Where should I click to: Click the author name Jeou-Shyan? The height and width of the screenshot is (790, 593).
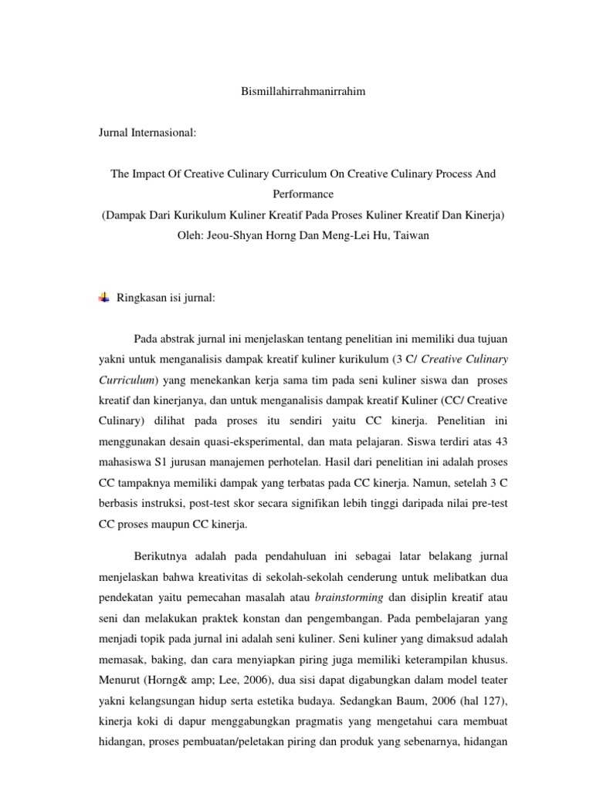tap(236, 236)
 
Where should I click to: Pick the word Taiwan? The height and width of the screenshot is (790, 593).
tap(411, 236)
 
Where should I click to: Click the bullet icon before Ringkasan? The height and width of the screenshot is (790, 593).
tap(104, 298)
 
